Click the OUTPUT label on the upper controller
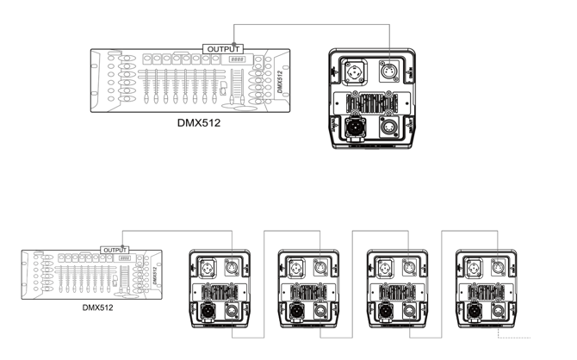click(223, 49)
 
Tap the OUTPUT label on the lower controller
click(115, 251)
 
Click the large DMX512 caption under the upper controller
click(199, 123)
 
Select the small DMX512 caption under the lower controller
click(97, 307)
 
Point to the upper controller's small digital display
click(237, 59)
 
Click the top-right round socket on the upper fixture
click(389, 71)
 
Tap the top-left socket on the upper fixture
click(356, 71)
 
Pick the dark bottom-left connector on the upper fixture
click(355, 127)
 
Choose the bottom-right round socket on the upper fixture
click(389, 127)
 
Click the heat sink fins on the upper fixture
click(372, 103)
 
